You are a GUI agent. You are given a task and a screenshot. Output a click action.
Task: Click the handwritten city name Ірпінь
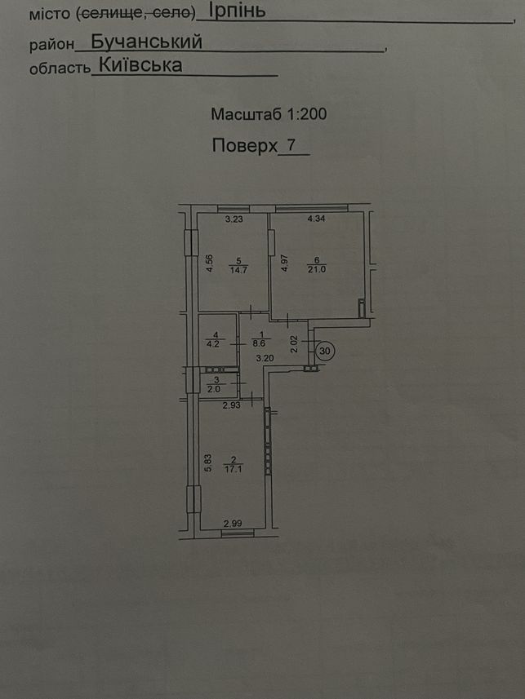coord(237,11)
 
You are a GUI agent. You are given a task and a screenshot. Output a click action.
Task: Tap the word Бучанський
coord(146,42)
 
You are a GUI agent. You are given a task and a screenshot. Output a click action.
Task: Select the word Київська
coord(140,65)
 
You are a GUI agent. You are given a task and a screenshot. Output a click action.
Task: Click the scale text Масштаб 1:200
coord(269,114)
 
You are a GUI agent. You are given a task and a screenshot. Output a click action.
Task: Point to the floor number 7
coord(292,144)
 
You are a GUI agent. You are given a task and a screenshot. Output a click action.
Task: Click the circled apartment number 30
coord(325,351)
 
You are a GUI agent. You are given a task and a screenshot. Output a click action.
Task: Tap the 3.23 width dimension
coord(234,219)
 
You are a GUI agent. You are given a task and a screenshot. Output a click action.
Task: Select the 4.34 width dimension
coord(317,219)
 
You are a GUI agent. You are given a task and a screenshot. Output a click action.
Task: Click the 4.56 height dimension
coord(210,263)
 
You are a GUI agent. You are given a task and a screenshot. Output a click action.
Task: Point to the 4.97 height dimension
coord(284,263)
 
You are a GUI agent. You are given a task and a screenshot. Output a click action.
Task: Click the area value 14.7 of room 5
coord(238,270)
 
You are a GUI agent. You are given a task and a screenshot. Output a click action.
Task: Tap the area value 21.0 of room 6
coord(317,269)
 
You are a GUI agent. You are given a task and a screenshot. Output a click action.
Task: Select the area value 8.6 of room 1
coord(260,343)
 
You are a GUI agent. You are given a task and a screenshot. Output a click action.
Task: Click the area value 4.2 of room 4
coord(214,343)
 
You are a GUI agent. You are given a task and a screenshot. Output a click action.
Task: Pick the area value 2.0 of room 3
coord(214,389)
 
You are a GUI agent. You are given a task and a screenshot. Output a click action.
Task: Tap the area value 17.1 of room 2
coord(233,469)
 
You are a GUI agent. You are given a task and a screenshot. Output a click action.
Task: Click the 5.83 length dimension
coord(207,463)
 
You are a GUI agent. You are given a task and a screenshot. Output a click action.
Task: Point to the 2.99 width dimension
coord(233,524)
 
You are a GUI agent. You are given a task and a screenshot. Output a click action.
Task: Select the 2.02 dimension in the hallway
coord(294,344)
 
